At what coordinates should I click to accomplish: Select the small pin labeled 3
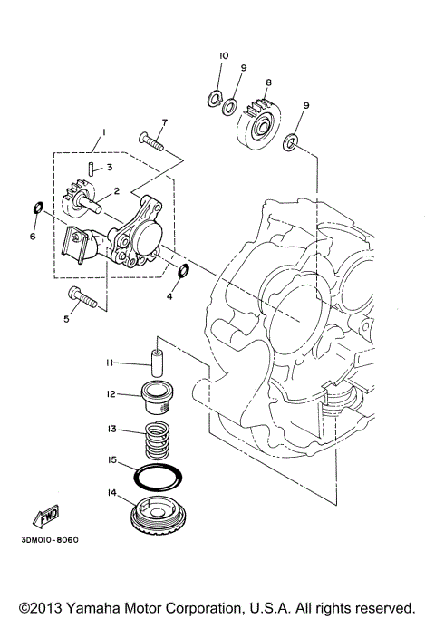[93, 167]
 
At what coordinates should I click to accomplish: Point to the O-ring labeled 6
[36, 208]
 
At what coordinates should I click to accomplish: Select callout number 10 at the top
[222, 57]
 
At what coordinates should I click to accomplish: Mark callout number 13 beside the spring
[111, 430]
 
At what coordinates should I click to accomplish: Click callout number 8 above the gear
[268, 82]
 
